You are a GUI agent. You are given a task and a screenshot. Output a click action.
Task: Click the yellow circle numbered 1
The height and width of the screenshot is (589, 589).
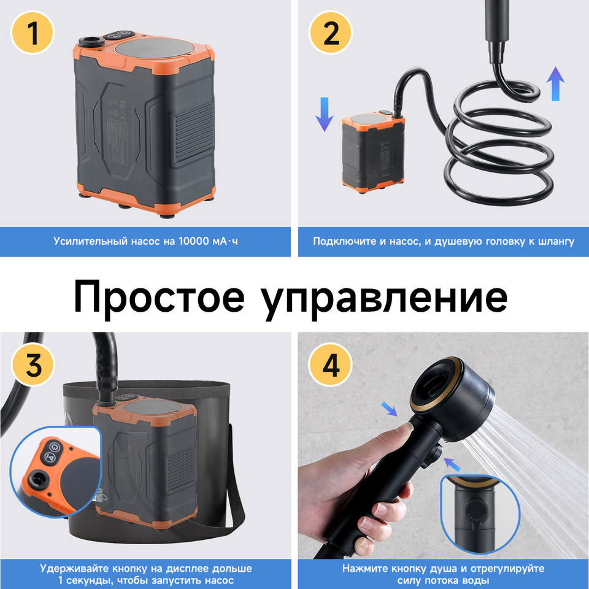click(33, 33)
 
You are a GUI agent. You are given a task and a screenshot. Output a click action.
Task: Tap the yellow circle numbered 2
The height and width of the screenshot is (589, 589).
click(330, 33)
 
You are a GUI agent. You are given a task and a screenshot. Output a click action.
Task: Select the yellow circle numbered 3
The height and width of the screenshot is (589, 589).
click(33, 364)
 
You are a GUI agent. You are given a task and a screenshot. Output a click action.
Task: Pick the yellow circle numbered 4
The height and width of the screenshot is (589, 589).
click(330, 364)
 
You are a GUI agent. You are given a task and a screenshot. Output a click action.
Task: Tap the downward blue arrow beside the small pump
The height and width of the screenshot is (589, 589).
click(324, 114)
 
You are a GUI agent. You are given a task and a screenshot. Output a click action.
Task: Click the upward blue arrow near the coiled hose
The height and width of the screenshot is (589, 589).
click(555, 84)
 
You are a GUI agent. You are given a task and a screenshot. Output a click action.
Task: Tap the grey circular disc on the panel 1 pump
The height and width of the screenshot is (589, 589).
click(155, 48)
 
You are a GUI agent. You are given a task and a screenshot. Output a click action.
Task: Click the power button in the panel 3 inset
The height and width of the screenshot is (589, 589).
click(55, 447)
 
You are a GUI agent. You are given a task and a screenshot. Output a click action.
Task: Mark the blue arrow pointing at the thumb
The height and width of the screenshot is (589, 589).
click(389, 409)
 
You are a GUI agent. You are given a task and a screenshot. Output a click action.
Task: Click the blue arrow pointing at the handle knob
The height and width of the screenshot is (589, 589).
click(452, 464)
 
